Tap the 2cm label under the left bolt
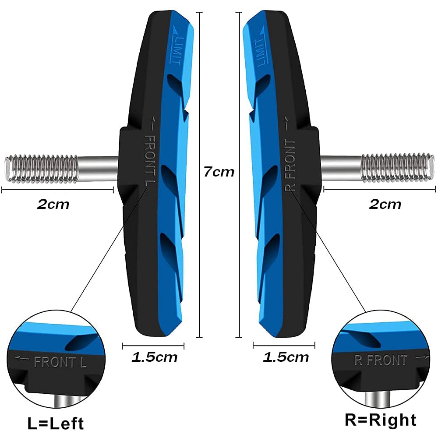pyautogui.click(x=53, y=204)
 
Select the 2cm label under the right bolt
pyautogui.click(x=385, y=204)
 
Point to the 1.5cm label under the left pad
pyautogui.click(x=155, y=357)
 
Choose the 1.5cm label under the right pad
pyautogui.click(x=286, y=357)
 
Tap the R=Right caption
pyautogui.click(x=380, y=420)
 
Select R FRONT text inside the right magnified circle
pyautogui.click(x=380, y=360)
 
